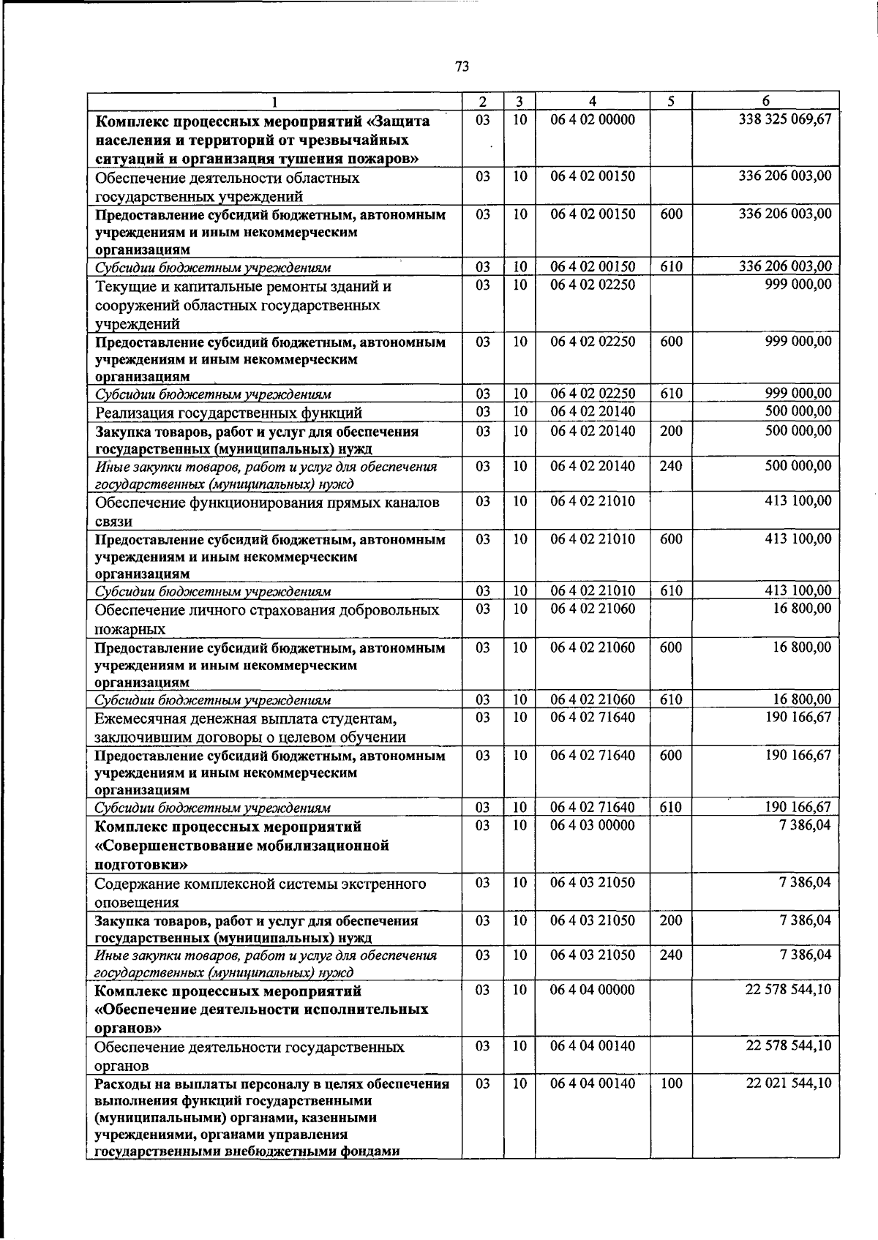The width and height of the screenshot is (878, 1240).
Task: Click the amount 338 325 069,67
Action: [786, 119]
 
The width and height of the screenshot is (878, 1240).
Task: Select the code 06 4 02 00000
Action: [593, 119]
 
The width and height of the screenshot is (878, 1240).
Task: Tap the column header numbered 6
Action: [765, 102]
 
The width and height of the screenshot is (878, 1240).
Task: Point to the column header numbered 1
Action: [274, 102]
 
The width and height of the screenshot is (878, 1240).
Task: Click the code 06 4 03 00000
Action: [593, 825]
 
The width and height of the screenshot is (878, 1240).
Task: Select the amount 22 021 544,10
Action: [789, 1083]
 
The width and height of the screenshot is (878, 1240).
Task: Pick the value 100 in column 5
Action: [671, 1083]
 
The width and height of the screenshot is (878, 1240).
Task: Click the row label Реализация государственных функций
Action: [228, 413]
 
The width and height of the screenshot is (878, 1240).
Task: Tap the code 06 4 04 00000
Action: [593, 990]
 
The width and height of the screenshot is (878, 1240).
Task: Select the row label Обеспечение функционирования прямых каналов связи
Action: [267, 511]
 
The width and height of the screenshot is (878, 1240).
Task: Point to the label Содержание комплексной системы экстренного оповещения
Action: [260, 893]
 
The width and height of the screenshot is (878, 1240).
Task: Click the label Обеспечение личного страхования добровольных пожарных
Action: [267, 619]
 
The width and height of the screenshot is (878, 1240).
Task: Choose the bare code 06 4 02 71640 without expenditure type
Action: [593, 717]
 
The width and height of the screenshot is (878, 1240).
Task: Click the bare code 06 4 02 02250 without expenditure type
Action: [593, 285]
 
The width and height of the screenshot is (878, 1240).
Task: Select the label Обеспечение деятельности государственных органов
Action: [249, 1056]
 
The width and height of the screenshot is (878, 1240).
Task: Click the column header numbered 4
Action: [593, 102]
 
